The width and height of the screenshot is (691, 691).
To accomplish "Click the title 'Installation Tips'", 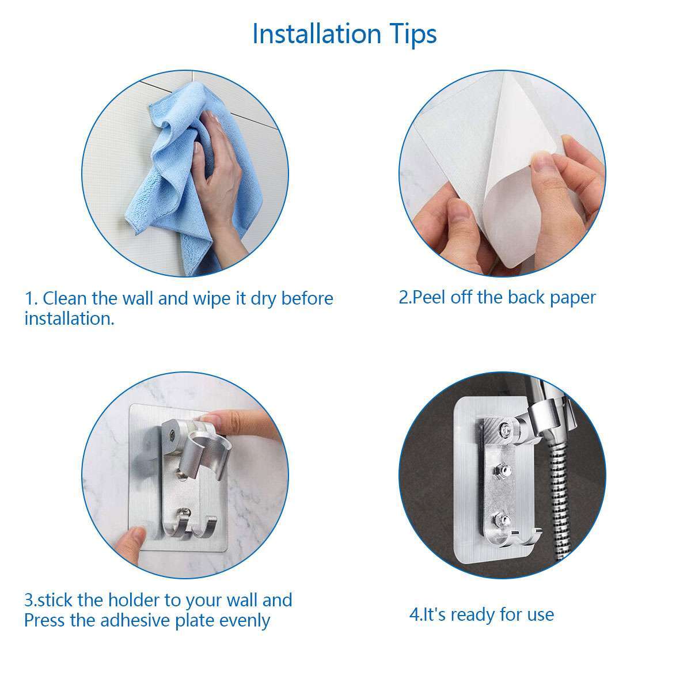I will pos(344,34).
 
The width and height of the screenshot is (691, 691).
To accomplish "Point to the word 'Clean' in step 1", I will pos(64,299).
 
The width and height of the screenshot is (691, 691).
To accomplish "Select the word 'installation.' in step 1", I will pos(69,318).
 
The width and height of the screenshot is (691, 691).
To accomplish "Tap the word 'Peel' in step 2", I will pos(428,297).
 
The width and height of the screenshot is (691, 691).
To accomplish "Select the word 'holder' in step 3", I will pos(134,600).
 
